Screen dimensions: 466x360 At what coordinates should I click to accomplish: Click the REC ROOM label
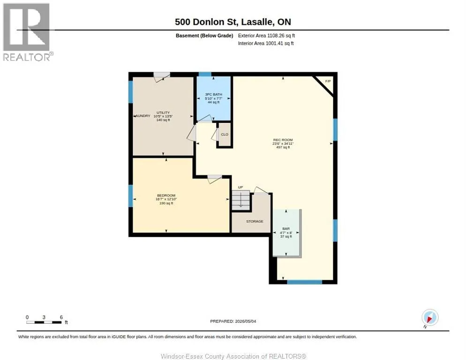tap(283, 140)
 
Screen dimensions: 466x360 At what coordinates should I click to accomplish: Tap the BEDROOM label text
tap(166, 195)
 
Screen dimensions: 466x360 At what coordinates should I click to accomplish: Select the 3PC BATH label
tap(214, 94)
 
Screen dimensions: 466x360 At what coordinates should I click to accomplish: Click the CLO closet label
tap(225, 135)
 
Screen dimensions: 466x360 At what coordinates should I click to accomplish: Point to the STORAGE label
tap(255, 221)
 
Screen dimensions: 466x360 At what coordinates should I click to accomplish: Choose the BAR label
tap(286, 229)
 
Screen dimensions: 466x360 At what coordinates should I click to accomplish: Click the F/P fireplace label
tap(328, 81)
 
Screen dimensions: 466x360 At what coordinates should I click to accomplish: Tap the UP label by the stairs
tap(241, 187)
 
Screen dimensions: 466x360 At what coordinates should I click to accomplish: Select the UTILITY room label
tap(163, 112)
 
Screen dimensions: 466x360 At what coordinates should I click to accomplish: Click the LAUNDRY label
tap(142, 116)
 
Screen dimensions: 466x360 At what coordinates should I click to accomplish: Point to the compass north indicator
tap(430, 317)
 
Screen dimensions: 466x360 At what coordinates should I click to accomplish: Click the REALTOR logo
tap(27, 32)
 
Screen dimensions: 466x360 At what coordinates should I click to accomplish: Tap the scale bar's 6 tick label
tap(61, 317)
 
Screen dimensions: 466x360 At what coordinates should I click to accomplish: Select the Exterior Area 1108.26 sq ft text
tap(266, 36)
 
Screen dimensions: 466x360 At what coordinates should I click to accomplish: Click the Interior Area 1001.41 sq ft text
tap(266, 44)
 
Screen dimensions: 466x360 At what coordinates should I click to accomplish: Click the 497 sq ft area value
tap(283, 147)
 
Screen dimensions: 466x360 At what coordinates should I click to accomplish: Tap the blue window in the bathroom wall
tap(205, 75)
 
